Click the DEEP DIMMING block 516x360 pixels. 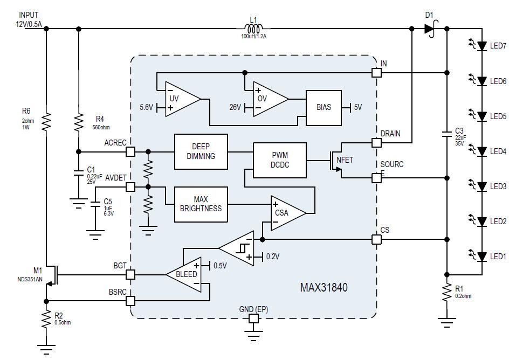tap(201, 151)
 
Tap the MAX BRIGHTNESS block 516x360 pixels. tap(201, 204)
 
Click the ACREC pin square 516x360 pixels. tap(130, 151)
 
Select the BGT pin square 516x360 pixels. tap(130, 275)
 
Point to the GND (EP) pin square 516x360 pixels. tap(253, 319)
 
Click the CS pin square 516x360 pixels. tap(376, 239)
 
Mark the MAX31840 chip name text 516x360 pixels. tap(324, 288)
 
